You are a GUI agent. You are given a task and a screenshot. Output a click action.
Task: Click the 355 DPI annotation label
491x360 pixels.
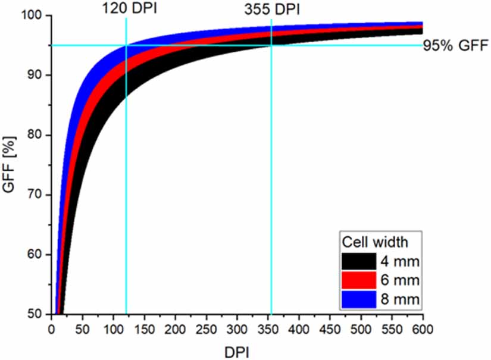pos(271,10)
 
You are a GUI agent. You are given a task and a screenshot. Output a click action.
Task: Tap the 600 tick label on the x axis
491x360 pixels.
pos(423,329)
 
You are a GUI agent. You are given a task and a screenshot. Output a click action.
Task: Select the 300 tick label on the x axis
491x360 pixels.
pos(237,329)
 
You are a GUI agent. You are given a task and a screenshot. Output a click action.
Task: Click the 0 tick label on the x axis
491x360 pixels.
pos(51,329)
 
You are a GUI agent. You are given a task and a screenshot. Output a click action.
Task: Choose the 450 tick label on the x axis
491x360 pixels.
pos(330,329)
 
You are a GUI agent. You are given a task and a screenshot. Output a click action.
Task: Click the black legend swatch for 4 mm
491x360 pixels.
pos(359,261)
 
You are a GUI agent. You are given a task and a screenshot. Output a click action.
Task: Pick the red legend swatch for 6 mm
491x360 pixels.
pos(359,280)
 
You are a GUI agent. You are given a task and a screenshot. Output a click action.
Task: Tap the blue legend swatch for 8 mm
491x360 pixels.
pos(359,299)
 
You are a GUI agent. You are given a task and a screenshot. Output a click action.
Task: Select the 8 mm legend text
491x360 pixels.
pos(401,300)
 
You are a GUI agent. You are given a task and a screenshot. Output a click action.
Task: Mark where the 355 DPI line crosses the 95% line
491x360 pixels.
pos(271,45)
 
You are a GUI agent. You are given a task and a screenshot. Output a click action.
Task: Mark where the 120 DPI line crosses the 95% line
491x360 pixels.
pos(126,45)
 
